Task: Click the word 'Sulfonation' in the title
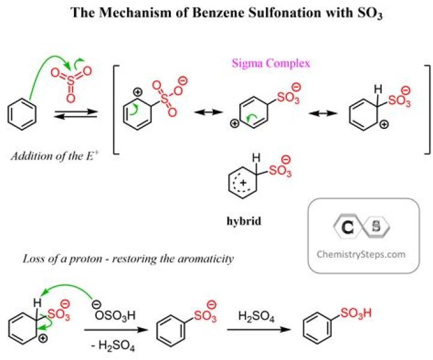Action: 241,12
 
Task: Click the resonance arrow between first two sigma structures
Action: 202,111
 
